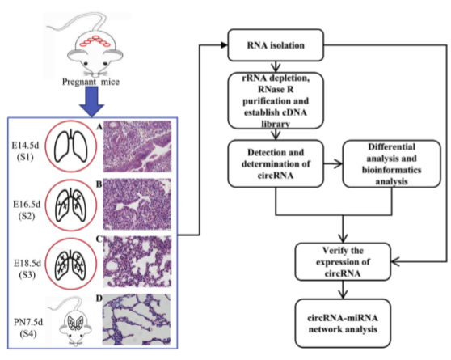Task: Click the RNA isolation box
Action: [276, 45]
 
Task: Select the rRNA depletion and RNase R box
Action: [276, 100]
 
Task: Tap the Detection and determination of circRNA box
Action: [276, 163]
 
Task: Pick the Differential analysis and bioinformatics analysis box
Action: [391, 163]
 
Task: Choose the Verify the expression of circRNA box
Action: [343, 261]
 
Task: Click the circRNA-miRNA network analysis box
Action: [343, 323]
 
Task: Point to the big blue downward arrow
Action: [92, 102]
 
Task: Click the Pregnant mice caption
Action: [91, 82]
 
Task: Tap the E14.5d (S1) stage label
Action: [25, 151]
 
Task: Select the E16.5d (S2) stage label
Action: [27, 210]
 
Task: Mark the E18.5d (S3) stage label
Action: [27, 269]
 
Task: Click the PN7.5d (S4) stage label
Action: [28, 328]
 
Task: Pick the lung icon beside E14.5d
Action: [71, 146]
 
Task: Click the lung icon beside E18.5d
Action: [71, 264]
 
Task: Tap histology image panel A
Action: [137, 146]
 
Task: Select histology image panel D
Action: [137, 320]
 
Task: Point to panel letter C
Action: [99, 239]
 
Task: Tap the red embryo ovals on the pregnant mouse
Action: [95, 40]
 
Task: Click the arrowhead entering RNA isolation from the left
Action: [224, 45]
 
